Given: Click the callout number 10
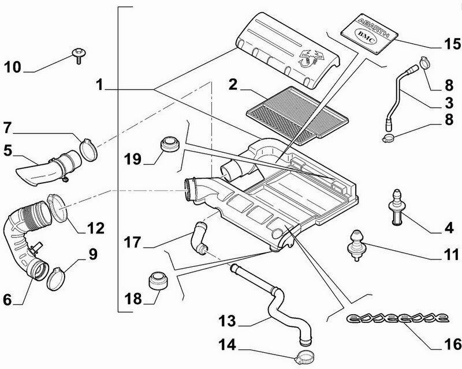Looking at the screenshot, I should point(13,68).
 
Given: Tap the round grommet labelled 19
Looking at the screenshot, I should point(169,144).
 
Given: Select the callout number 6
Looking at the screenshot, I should point(7,299).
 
